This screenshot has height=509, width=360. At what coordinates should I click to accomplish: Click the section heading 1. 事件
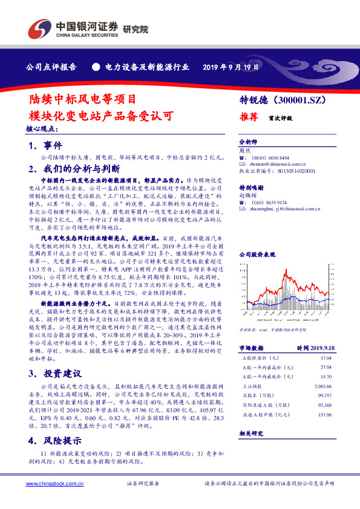[x=45, y=146]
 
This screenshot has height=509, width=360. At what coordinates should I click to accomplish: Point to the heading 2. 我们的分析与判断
[x=73, y=169]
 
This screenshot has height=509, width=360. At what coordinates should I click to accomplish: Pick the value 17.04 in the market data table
[x=325, y=357]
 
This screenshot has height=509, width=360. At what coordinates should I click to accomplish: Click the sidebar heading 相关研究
[x=249, y=433]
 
